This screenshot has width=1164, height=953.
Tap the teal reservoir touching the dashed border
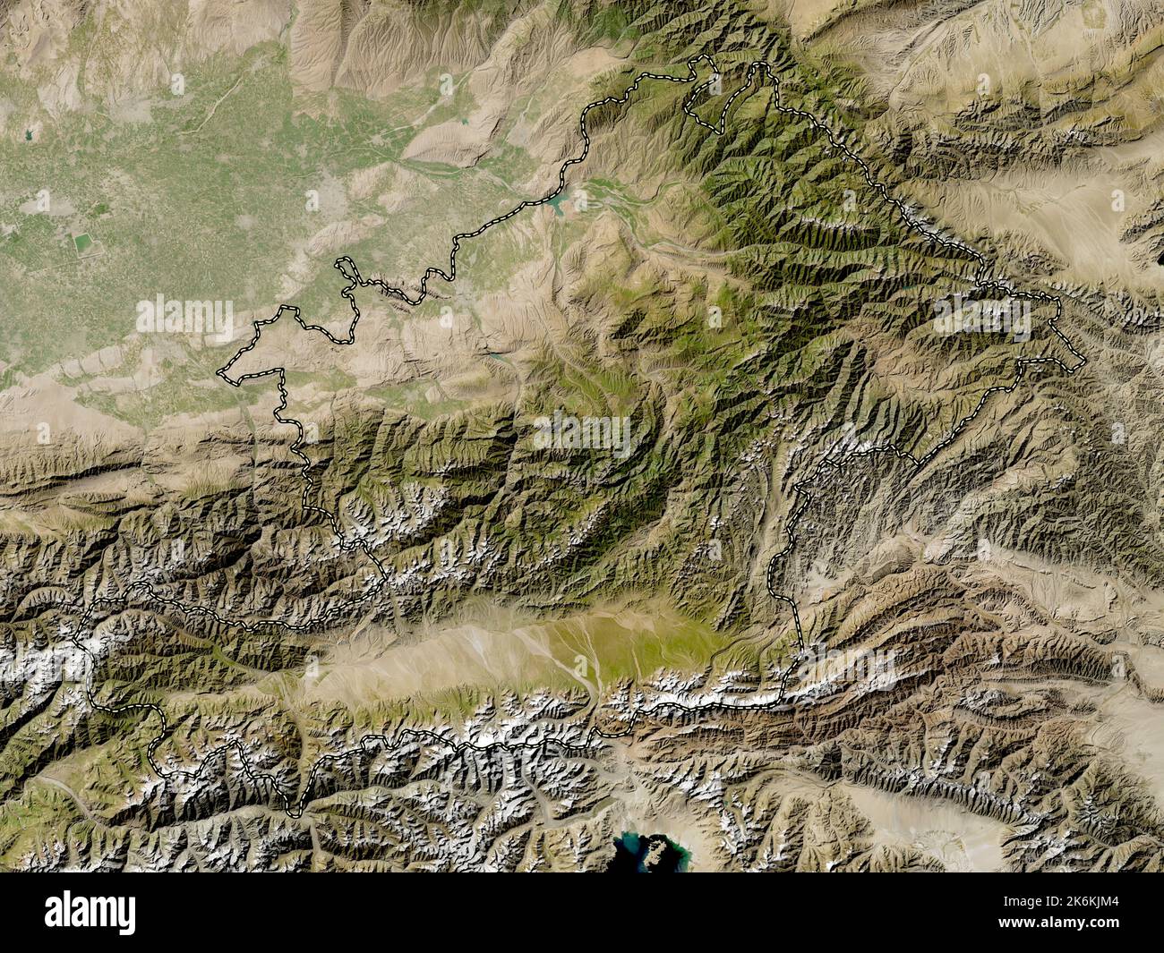(x=559, y=207)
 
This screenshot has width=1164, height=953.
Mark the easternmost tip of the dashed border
(x=1084, y=360)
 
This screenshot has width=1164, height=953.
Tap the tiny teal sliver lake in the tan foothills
(x=495, y=355)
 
